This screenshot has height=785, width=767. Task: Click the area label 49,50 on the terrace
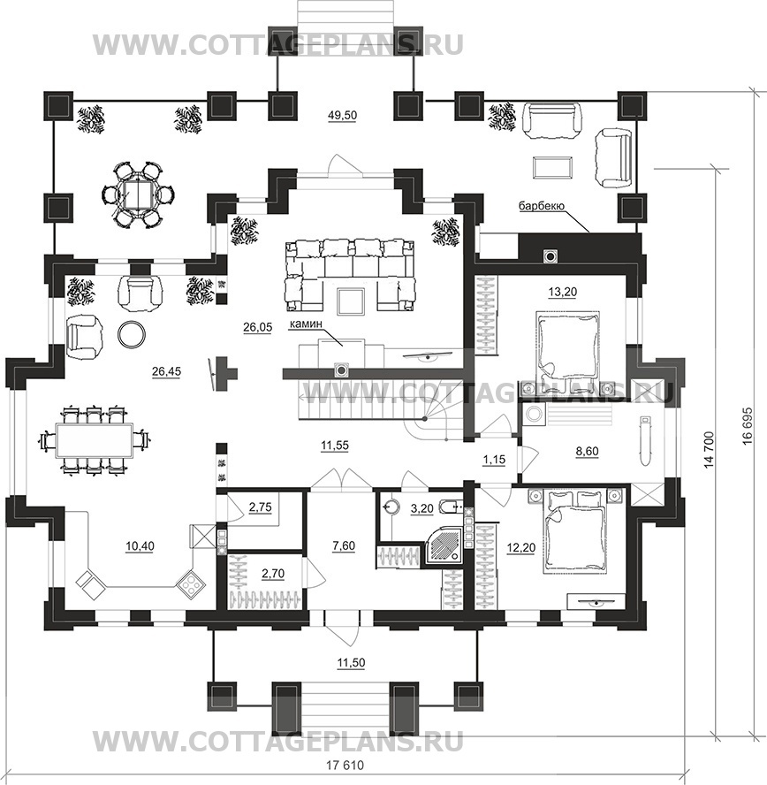point(342,116)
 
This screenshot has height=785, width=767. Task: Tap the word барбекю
point(542,206)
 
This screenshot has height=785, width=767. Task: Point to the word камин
point(304,324)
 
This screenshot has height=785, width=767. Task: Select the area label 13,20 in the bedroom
point(563,292)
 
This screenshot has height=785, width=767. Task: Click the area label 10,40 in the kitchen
point(140,546)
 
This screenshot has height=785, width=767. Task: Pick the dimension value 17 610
point(346,766)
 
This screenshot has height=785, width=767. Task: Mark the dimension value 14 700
point(709,450)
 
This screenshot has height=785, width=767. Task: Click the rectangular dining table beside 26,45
point(95,440)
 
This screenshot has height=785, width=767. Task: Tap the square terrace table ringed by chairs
point(138,194)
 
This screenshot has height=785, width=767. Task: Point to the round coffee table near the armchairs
point(132,334)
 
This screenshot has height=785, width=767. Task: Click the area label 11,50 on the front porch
point(351,663)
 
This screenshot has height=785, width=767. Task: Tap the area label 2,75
point(260,507)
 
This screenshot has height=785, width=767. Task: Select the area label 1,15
point(494,459)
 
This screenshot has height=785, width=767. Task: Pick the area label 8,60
point(588,451)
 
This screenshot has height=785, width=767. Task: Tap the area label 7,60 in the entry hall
point(344,545)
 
